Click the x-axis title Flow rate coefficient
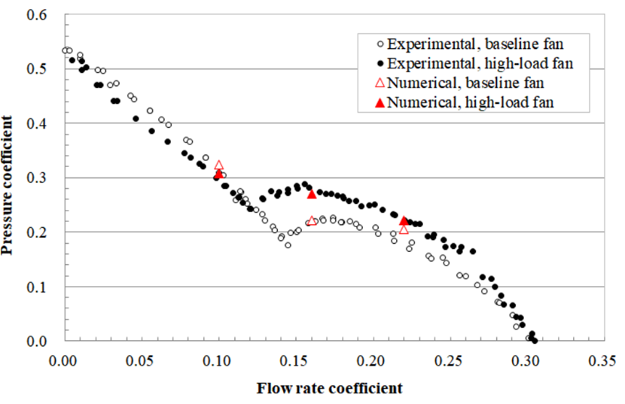pyautogui.click(x=330, y=388)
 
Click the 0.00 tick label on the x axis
pyautogui.click(x=63, y=360)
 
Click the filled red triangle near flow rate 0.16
pyautogui.click(x=312, y=194)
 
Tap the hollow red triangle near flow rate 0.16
pyautogui.click(x=312, y=221)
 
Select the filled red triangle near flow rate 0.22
pyautogui.click(x=404, y=220)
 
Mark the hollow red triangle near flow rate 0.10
pyautogui.click(x=219, y=166)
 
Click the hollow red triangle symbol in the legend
pyautogui.click(x=379, y=84)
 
